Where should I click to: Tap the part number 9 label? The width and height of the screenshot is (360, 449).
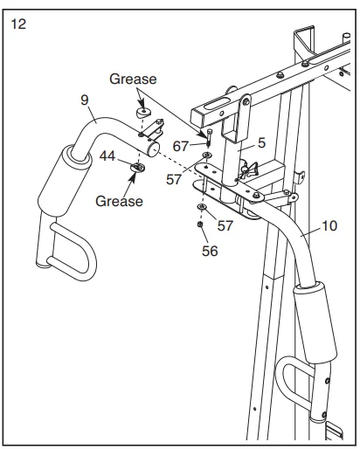point(86,100)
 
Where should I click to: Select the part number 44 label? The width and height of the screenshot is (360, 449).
point(107,155)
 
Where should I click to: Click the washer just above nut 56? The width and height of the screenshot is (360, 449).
point(203,211)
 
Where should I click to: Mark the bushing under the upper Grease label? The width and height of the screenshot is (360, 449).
point(143,113)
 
